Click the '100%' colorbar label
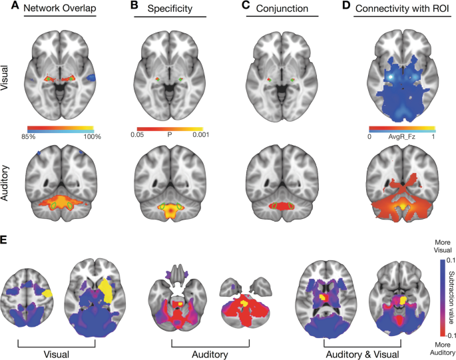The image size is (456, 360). tap(91, 137)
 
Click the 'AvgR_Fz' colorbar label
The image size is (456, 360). tap(402, 135)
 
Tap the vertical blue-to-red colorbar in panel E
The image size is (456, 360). tap(442, 293)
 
